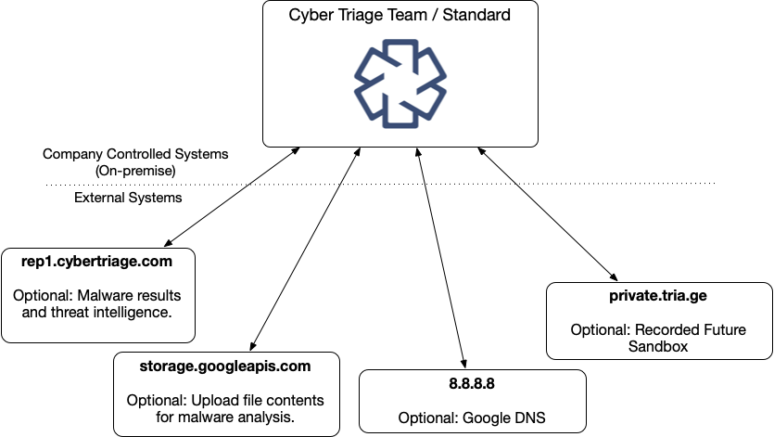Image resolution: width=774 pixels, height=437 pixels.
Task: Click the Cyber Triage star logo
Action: click(390, 84)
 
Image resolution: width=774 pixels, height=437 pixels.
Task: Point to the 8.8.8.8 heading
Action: click(472, 383)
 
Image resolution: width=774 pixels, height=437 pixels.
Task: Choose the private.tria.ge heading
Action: click(658, 297)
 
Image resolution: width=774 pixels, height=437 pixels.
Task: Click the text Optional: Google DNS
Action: click(472, 418)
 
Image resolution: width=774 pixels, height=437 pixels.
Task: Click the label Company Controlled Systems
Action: click(135, 154)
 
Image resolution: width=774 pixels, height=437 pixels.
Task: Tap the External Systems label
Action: click(115, 198)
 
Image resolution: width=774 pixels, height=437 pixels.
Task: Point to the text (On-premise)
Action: click(135, 171)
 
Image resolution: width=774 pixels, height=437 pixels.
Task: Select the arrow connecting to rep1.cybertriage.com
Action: click(230, 196)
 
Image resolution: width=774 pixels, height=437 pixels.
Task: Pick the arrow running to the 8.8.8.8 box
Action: click(439, 255)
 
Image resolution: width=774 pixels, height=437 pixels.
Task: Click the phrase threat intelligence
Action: click(109, 313)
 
